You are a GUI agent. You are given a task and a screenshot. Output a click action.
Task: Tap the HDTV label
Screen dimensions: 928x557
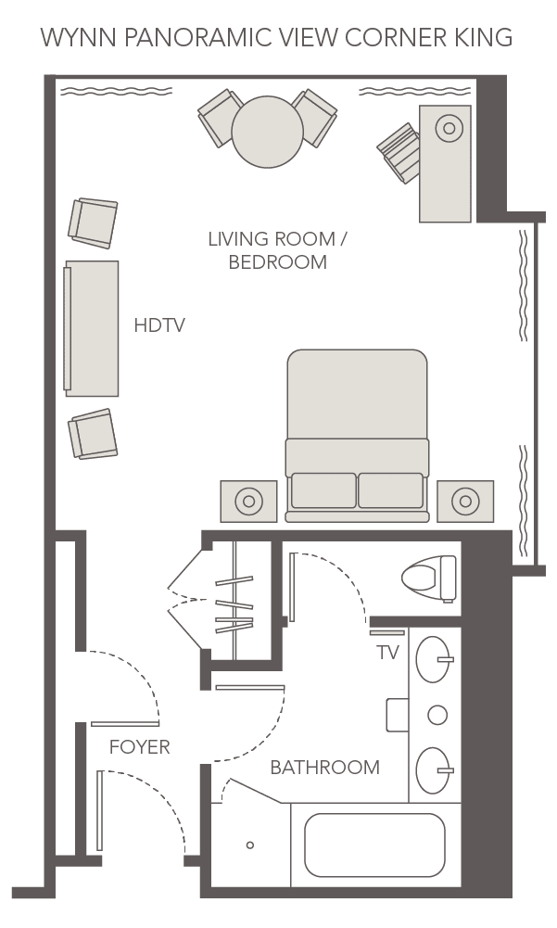pos(159,325)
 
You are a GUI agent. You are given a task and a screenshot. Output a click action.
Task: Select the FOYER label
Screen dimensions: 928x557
pos(139,747)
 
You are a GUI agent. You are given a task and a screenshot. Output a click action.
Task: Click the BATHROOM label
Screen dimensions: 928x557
pos(324,768)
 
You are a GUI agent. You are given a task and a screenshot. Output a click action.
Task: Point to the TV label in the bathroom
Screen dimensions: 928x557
pos(387,653)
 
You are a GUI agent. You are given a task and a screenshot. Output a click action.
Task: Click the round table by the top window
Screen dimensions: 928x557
pos(268,131)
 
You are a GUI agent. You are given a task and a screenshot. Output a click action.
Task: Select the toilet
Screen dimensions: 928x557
pos(429,577)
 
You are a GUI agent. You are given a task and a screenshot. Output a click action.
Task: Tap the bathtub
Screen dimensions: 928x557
pos(374,845)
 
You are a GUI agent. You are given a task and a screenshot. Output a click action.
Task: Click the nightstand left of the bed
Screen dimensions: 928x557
pos(248,502)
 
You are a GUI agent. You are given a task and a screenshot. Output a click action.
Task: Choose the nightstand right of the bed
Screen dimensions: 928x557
pos(465,502)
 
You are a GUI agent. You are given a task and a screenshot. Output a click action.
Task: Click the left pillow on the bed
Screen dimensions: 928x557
pos(323,490)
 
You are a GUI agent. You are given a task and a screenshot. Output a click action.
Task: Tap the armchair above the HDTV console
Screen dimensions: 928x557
pos(94,223)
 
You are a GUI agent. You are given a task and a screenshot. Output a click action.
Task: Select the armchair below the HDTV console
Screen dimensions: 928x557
pos(94,434)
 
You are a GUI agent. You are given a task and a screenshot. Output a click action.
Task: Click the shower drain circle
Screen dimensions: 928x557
pos(250,845)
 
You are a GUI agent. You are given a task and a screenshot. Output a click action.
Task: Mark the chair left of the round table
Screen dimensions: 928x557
pos(221,117)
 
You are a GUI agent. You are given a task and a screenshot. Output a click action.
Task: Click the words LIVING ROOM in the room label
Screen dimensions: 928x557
pos(270,239)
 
